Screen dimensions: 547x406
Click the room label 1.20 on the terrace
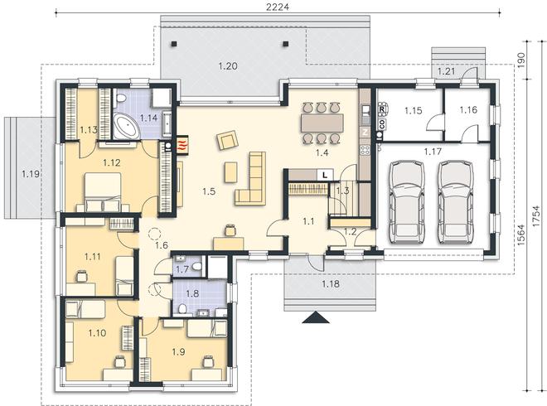click(228, 66)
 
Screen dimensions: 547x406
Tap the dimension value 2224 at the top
click(278, 7)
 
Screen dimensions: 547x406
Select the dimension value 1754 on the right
click(537, 216)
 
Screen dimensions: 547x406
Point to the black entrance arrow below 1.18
click(316, 318)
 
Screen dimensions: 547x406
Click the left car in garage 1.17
click(407, 201)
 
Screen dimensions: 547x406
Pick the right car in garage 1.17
click(455, 201)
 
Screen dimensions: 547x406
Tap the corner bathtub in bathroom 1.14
click(126, 125)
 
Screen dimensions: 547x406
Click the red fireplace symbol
click(182, 144)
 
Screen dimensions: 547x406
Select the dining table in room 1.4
click(322, 123)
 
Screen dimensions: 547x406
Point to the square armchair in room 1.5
click(227, 140)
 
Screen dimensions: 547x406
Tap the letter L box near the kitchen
click(325, 175)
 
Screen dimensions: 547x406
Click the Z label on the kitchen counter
click(365, 132)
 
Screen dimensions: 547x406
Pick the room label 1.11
click(93, 257)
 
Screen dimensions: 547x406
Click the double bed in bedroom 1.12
click(103, 192)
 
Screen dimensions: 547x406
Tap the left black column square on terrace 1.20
click(174, 44)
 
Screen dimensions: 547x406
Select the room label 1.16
click(468, 110)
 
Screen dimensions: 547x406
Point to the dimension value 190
click(520, 60)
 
